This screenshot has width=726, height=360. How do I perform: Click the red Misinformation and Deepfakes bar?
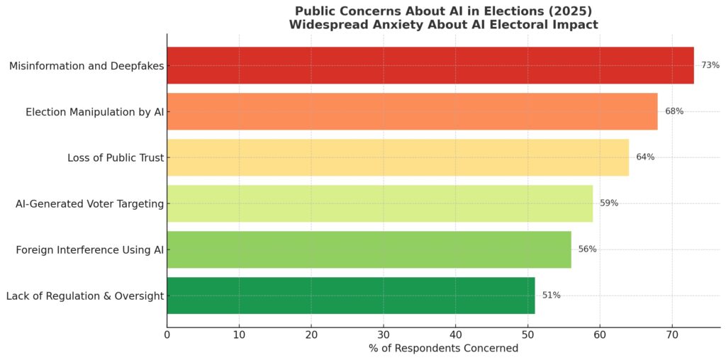pyautogui.click(x=430, y=65)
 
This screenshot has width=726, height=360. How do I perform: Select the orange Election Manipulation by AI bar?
pyautogui.click(x=412, y=111)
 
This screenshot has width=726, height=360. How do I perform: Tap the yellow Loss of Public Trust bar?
pyautogui.click(x=398, y=157)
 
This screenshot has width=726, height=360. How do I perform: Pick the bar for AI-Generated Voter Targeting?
pyautogui.click(x=380, y=203)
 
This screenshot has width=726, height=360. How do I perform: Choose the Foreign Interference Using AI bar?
pyautogui.click(x=369, y=249)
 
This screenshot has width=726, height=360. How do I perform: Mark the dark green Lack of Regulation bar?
pyautogui.click(x=351, y=296)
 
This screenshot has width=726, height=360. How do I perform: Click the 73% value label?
pyautogui.click(x=710, y=65)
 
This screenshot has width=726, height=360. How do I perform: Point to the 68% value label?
pyautogui.click(x=674, y=111)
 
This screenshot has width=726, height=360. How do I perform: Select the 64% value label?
pyautogui.click(x=645, y=157)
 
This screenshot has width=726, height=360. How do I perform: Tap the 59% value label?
pyautogui.click(x=609, y=203)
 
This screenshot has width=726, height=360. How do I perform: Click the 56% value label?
pyautogui.click(x=587, y=249)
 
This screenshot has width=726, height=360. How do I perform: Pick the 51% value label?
pyautogui.click(x=551, y=296)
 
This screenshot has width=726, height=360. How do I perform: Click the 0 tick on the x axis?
pyautogui.click(x=167, y=334)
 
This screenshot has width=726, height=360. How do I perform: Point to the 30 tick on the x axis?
pyautogui.click(x=384, y=334)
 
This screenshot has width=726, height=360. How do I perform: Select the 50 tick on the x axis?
pyautogui.click(x=527, y=334)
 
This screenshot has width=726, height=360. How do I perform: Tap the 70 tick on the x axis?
pyautogui.click(x=672, y=334)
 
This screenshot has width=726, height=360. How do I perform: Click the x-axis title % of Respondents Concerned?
pyautogui.click(x=443, y=348)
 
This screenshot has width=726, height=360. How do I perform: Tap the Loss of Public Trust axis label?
pyautogui.click(x=111, y=157)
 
